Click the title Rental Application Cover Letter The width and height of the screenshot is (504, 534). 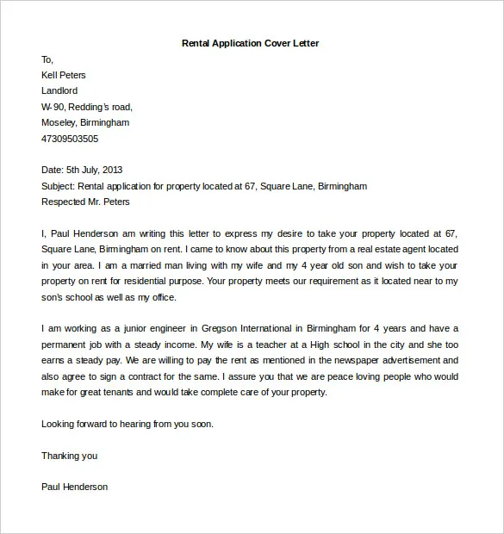252,43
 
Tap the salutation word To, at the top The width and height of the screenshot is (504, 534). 47,59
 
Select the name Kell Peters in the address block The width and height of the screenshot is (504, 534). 64,75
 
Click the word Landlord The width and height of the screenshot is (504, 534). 59,90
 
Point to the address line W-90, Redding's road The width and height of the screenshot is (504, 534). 87,107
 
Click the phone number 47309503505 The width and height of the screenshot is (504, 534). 70,138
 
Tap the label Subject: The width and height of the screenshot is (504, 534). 58,185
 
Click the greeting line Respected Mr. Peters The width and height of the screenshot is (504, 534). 85,202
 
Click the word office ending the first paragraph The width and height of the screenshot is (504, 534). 160,297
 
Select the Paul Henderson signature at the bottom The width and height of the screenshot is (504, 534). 75,487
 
